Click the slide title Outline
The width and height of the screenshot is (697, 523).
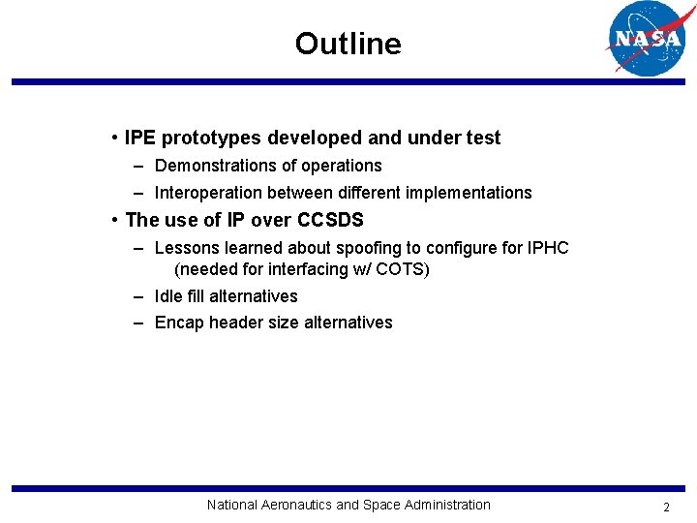[x=348, y=44]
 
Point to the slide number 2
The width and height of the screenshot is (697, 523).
[x=666, y=507]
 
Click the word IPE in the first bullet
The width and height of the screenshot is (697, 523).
[x=140, y=138]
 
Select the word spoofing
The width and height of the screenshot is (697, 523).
[x=368, y=248]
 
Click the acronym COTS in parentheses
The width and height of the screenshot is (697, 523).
[x=400, y=269]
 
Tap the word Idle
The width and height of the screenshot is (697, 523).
[x=170, y=296]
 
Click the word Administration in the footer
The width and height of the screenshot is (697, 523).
[x=446, y=505]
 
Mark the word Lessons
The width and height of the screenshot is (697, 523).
[x=186, y=248]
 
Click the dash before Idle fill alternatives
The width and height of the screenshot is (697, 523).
[x=139, y=296]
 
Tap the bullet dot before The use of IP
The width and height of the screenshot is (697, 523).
[x=115, y=220]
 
